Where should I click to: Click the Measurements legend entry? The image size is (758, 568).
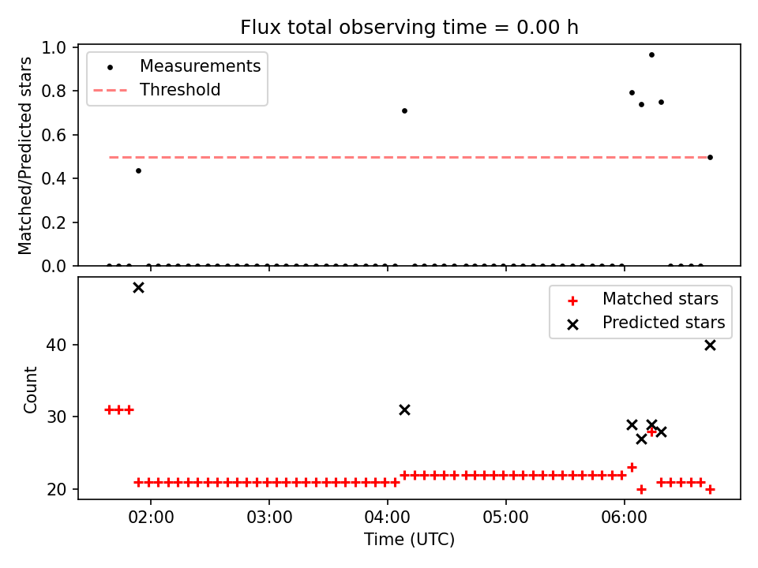[177, 66]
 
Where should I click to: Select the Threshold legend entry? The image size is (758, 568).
[156, 90]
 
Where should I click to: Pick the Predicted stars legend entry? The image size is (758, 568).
[646, 323]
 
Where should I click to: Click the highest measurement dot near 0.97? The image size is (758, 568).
[651, 54]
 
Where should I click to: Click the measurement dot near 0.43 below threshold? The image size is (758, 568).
[139, 170]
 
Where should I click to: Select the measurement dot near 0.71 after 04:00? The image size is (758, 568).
[404, 110]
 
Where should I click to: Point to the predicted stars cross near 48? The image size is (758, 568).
[139, 288]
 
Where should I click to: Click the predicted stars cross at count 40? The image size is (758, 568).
[710, 346]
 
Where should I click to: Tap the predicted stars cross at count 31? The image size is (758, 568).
[404, 410]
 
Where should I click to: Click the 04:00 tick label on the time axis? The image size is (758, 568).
[388, 518]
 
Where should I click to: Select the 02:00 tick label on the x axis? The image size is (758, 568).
[151, 518]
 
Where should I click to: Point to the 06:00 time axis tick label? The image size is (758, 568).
[624, 518]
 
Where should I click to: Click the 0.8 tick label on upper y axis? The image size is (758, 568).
[54, 91]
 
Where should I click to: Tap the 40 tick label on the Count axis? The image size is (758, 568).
[56, 345]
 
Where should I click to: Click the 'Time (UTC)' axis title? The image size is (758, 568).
[410, 539]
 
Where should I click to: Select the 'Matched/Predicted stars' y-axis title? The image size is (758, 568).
[25, 155]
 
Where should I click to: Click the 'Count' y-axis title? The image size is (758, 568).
[30, 389]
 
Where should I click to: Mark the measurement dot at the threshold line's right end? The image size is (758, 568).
[710, 158]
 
